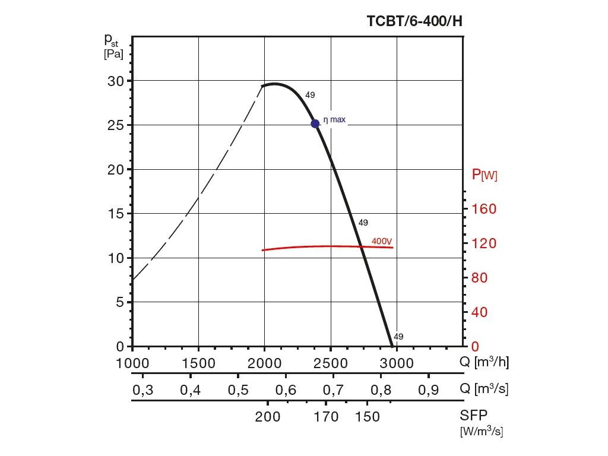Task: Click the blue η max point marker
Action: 315,123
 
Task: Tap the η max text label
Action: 334,120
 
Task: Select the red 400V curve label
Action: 382,241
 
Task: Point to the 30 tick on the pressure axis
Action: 116,81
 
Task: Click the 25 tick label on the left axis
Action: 116,125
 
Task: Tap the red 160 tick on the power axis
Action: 484,209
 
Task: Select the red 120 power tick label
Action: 484,243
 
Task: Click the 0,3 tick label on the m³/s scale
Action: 142,389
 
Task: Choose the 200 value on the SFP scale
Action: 268,417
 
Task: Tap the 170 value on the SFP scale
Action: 327,417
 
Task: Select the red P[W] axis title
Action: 484,175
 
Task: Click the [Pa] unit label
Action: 113,54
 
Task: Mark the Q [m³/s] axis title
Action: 484,389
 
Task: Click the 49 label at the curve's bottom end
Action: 398,337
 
